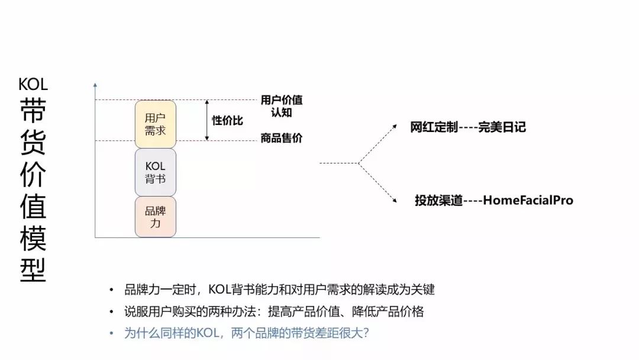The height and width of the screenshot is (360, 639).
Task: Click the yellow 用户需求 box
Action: [155, 124]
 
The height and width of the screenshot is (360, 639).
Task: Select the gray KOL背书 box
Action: [155, 172]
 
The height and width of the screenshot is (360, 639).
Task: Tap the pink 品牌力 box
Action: [155, 217]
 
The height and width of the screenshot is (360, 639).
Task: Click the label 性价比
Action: [227, 120]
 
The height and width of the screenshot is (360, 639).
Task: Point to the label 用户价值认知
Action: [282, 106]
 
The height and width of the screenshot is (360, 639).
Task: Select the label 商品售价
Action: [282, 138]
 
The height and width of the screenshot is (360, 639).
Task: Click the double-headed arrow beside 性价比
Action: [207, 120]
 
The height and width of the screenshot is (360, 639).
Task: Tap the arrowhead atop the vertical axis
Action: [95, 85]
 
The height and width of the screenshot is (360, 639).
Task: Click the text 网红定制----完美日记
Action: [468, 127]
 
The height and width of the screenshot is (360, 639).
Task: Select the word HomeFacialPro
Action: [528, 200]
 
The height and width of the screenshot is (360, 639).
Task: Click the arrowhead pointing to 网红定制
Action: [394, 127]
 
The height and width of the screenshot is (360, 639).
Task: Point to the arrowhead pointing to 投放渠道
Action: [394, 200]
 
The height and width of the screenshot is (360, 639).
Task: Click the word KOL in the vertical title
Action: [33, 85]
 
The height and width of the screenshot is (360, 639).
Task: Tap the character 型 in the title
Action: [33, 270]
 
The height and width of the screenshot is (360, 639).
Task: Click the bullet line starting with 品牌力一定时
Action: [279, 290]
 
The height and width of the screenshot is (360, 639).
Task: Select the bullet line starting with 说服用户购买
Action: [274, 311]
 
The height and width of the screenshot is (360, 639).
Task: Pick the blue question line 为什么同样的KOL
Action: [246, 333]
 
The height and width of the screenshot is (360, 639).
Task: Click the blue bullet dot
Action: [111, 333]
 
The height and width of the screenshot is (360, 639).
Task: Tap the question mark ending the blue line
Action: [366, 333]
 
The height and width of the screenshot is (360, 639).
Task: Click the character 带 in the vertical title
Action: [33, 110]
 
